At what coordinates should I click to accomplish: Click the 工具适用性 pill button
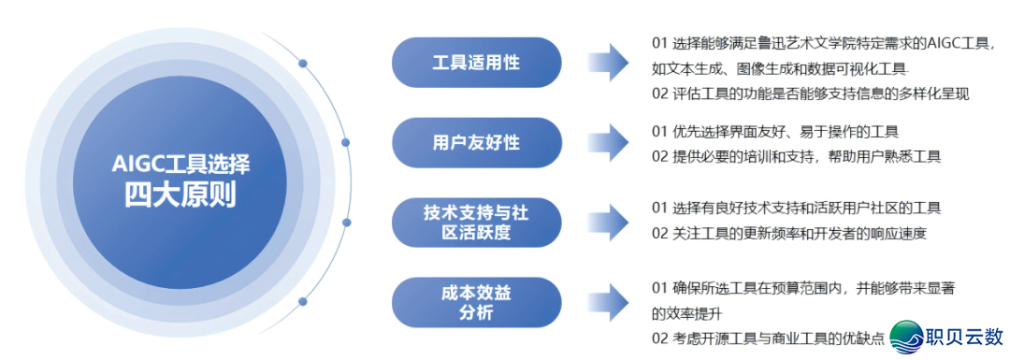476,63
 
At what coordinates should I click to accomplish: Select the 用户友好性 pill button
476,142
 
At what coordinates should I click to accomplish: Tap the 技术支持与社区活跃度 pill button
476,223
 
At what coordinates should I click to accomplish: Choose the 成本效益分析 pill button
476,302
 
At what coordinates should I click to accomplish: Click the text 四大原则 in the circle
180,195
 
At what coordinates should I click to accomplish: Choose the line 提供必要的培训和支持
795,156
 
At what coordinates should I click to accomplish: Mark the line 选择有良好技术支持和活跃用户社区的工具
796,208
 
